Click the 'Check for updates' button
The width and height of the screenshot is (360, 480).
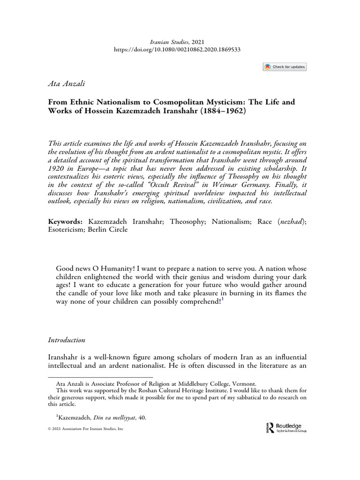285,67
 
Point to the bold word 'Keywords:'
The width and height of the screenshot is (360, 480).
65,220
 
